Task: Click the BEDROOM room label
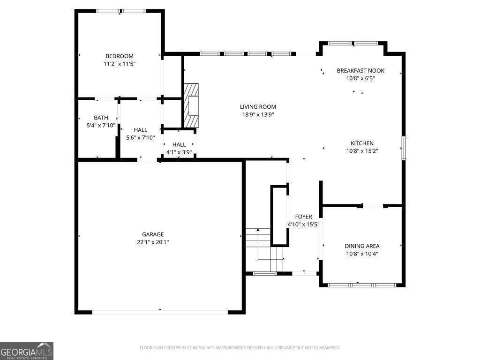[119, 56]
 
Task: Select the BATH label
[101, 118]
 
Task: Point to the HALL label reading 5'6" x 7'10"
[140, 130]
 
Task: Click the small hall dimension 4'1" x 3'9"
[179, 152]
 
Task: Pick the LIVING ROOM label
[258, 107]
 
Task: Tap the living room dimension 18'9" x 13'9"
[258, 114]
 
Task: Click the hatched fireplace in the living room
[191, 105]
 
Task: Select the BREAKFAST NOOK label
[360, 71]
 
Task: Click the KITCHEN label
[362, 143]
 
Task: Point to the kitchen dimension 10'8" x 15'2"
[362, 151]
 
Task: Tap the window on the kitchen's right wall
[403, 148]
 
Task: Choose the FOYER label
[303, 217]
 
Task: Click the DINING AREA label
[362, 246]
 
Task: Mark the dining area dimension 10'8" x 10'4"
[362, 254]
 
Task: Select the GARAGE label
[153, 234]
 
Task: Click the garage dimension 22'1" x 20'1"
[153, 242]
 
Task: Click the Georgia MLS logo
[27, 351]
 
